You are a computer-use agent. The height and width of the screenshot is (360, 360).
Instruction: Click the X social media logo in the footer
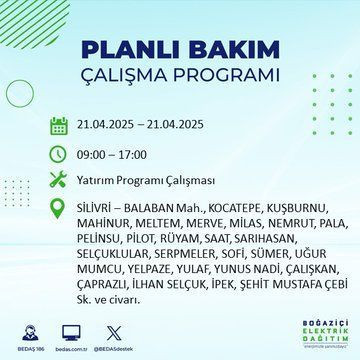tap(141, 328)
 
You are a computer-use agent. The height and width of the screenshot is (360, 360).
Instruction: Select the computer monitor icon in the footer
tap(98, 328)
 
